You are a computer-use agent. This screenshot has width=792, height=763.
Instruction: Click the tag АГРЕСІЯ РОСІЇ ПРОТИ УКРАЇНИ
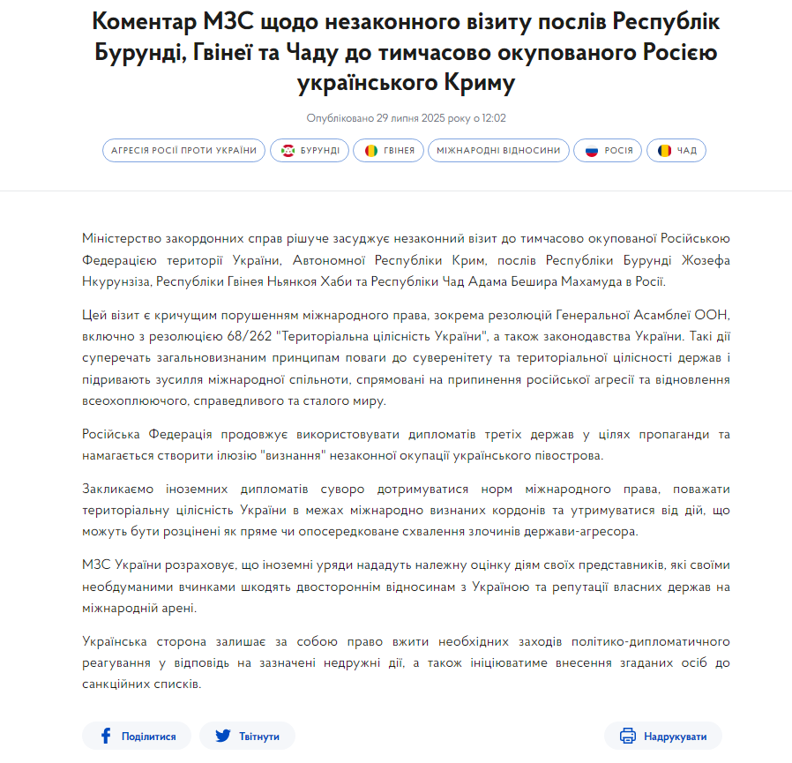pos(184,151)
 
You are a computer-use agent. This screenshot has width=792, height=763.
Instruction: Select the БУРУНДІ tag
pos(310,151)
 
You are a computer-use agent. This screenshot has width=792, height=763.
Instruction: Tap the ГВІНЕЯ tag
pos(389,151)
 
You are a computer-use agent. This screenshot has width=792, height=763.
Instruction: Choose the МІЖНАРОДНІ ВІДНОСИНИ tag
pos(498,151)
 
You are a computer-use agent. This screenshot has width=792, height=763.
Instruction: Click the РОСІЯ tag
pos(609,151)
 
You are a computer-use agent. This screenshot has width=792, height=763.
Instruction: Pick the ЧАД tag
pos(676,151)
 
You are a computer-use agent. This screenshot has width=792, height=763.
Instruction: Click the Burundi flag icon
pos(288,151)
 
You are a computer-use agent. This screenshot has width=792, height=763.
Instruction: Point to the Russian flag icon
pos(592,151)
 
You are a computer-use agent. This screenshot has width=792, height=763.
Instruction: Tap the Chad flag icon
pos(664,151)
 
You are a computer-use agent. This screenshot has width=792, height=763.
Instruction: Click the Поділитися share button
pos(137,736)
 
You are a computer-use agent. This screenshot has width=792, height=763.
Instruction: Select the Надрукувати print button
pos(663,736)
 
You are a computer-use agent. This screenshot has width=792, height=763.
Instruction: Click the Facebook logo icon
pos(106,736)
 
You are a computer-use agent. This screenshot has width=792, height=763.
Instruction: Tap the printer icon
pos(627,736)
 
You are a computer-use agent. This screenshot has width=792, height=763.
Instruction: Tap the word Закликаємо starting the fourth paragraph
pos(120,488)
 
